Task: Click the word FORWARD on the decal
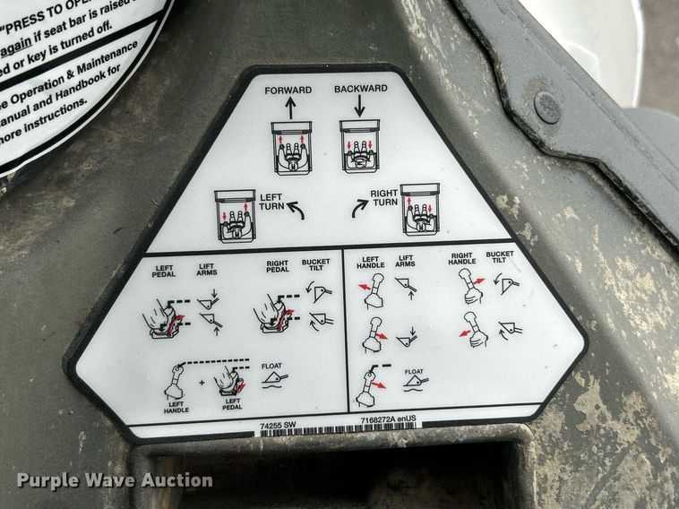(x=288, y=91)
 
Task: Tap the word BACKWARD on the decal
(x=360, y=89)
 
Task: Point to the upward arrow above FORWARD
(x=290, y=108)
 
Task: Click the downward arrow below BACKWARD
(x=360, y=106)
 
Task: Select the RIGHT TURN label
(x=385, y=197)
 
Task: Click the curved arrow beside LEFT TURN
(x=295, y=211)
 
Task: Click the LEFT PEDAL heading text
(x=164, y=269)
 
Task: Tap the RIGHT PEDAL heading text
(x=278, y=268)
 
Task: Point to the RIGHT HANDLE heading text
(x=462, y=258)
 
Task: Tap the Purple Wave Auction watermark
(x=115, y=480)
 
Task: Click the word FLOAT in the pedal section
(x=271, y=366)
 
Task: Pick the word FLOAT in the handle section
(x=414, y=370)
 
